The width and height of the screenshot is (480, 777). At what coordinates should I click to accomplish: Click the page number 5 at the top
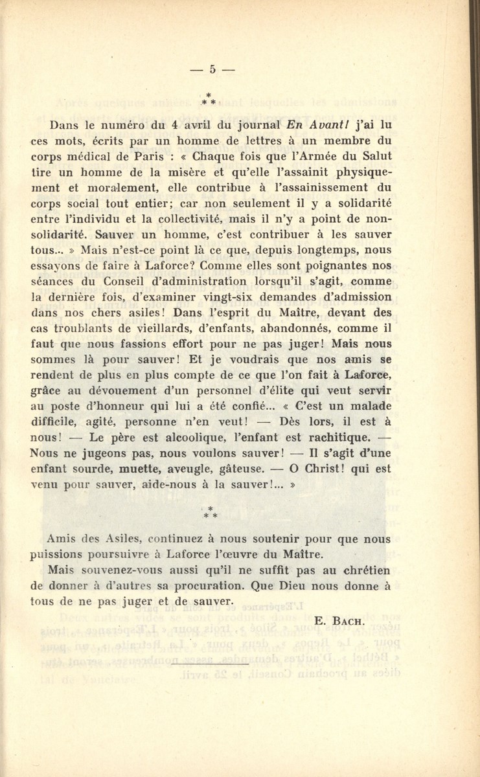pos(211,71)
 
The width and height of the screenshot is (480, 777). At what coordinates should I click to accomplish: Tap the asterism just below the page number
pos(209,99)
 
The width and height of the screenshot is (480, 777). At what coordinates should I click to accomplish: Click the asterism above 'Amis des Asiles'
pos(210,512)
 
